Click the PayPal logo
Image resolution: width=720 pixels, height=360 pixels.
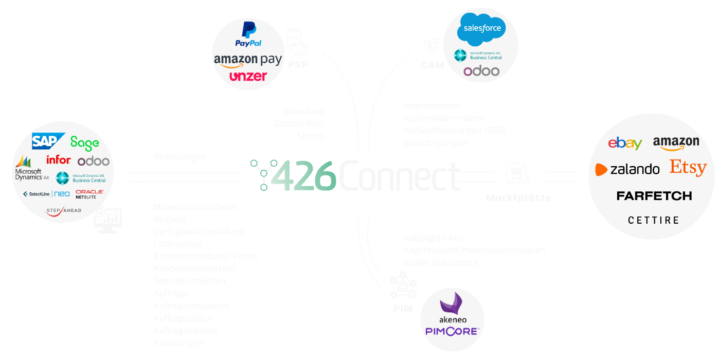tap(248, 34)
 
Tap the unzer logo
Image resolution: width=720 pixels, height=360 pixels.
tap(248, 76)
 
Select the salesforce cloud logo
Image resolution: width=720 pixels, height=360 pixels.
tap(482, 28)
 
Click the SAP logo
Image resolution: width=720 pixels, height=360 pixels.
tap(48, 141)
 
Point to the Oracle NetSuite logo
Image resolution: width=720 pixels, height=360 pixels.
tap(89, 194)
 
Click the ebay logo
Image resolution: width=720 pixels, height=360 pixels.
tap(625, 143)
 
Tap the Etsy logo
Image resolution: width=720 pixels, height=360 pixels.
tap(688, 168)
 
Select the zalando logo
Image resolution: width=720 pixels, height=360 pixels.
tap(627, 169)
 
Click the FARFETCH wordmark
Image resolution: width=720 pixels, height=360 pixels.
tap(654, 196)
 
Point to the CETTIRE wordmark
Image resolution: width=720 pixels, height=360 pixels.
tap(654, 220)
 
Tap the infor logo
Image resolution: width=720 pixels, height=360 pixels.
tap(58, 159)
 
